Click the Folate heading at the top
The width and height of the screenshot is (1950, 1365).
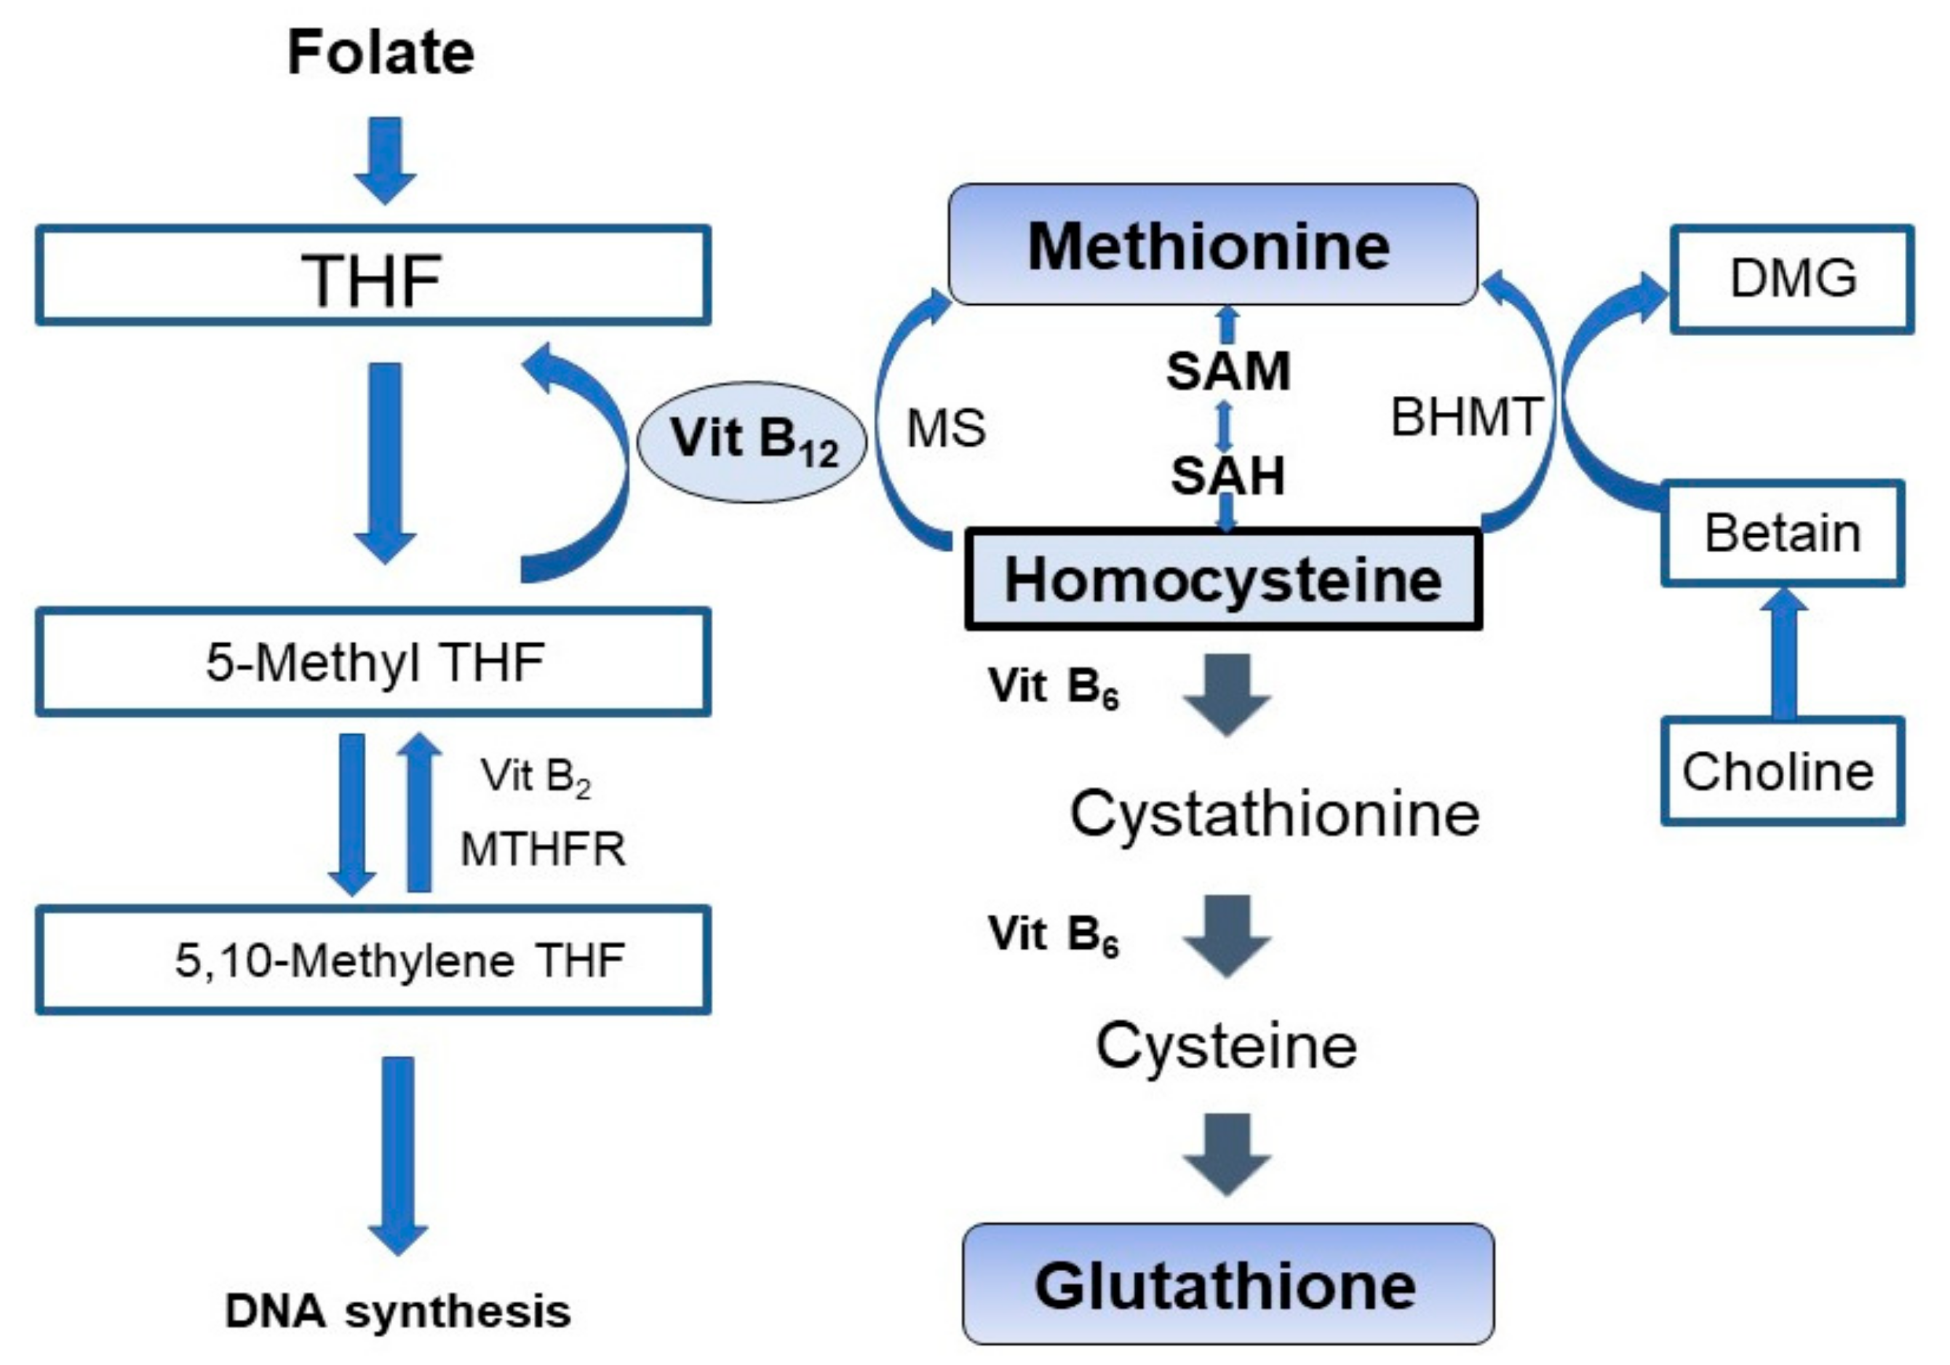381,52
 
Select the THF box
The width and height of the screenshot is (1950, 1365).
372,276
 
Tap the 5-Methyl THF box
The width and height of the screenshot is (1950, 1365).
372,661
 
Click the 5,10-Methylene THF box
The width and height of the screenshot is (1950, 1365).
372,960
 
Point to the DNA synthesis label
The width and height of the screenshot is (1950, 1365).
397,1310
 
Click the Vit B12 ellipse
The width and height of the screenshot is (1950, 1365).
752,442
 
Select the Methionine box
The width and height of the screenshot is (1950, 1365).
1212,245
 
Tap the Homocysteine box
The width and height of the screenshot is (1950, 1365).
1223,580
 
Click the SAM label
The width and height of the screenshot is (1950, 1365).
1228,371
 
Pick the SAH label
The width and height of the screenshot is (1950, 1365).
1228,475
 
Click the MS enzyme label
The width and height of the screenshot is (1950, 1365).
946,427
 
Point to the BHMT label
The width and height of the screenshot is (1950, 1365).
1466,417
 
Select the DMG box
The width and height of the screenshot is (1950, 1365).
1792,279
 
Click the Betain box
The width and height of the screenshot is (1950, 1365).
1782,533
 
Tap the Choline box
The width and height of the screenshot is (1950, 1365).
1782,771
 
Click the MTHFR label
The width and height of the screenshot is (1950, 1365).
543,848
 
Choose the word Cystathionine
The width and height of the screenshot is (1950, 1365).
1274,813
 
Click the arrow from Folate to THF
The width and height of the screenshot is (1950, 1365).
385,159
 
